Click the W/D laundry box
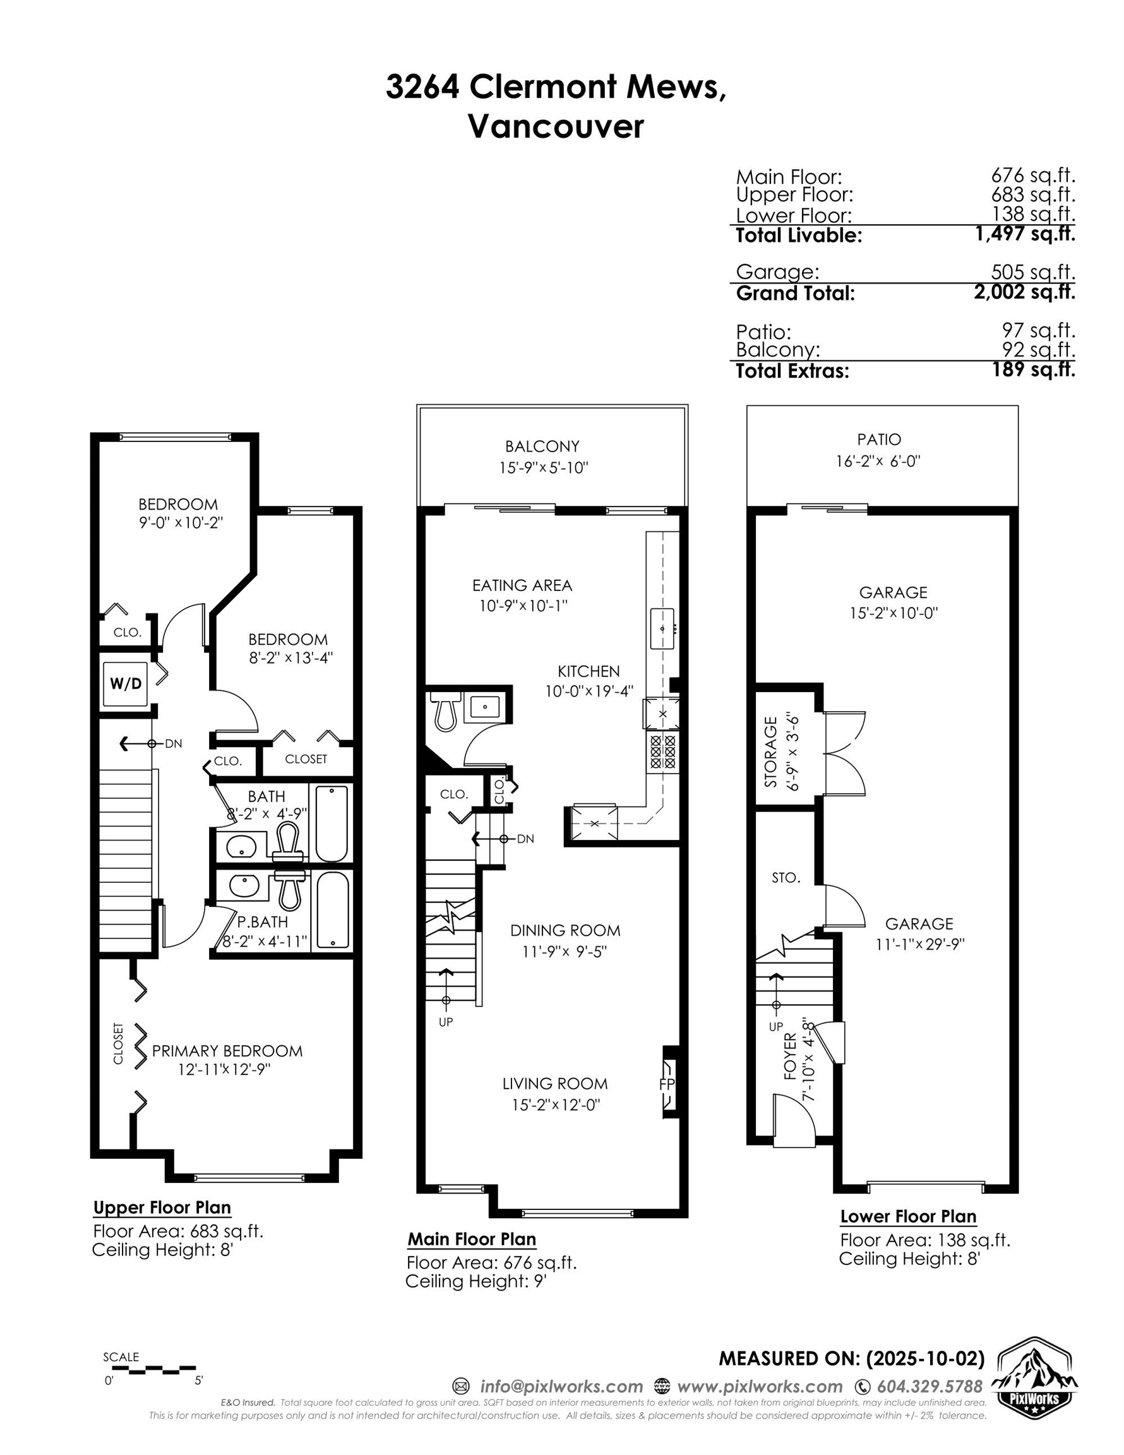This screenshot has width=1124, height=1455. click(126, 683)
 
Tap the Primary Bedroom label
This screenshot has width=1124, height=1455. click(227, 1051)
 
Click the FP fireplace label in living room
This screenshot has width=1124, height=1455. click(666, 1084)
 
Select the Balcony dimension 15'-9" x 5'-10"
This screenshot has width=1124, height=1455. click(543, 468)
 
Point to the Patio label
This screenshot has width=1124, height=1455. click(879, 439)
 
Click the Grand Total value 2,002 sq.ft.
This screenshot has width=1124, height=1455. click(1024, 292)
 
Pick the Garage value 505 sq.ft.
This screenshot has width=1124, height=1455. click(1032, 272)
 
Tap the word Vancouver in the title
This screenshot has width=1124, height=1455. click(556, 126)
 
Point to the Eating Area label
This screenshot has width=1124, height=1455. click(522, 585)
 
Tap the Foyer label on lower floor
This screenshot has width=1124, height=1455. click(790, 1056)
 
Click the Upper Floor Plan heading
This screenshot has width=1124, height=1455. click(162, 1207)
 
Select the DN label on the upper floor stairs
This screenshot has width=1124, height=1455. click(173, 743)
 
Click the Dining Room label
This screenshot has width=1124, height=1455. click(565, 930)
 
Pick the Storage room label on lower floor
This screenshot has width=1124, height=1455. click(771, 751)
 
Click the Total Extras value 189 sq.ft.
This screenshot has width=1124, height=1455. click(1034, 369)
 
